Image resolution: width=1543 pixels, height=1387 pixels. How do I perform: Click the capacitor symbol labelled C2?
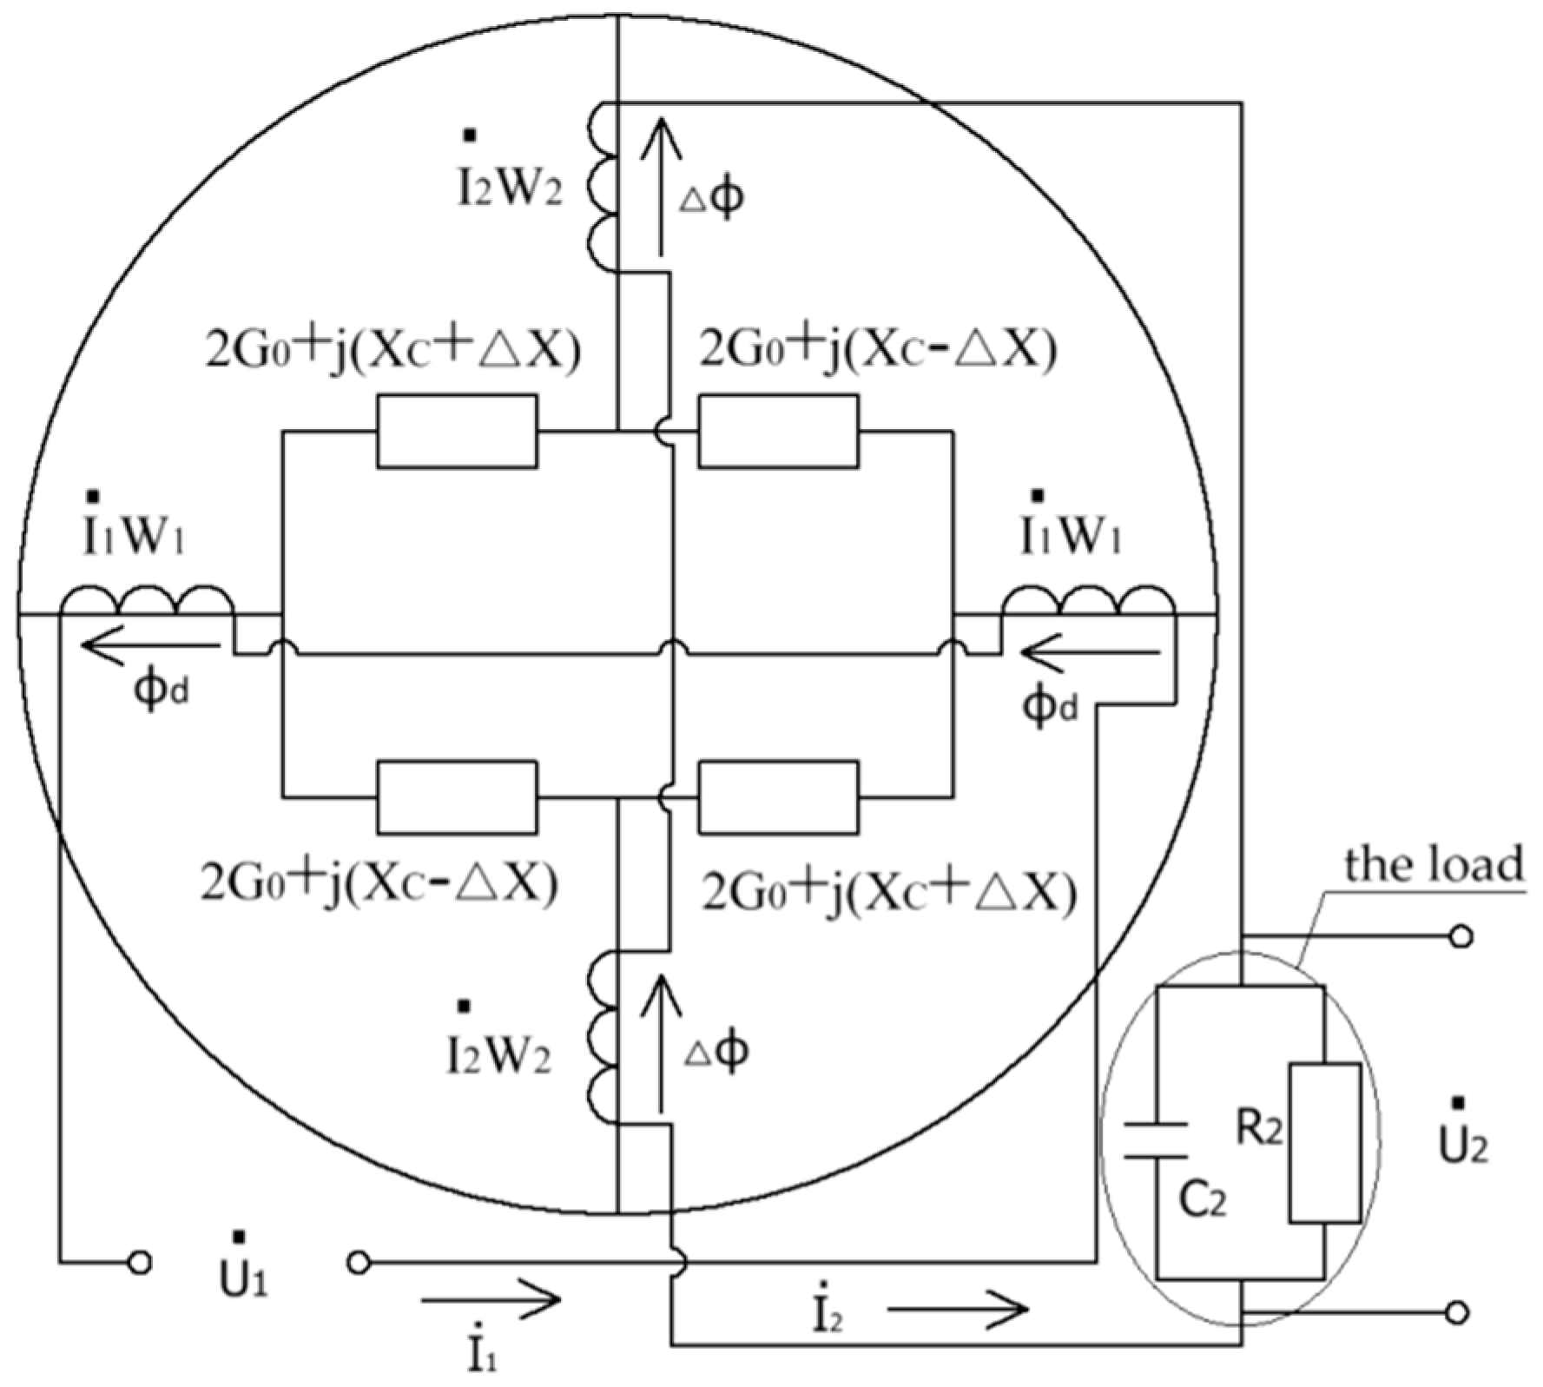1156,1139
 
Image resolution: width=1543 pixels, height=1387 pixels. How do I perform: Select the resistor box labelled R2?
1323,1142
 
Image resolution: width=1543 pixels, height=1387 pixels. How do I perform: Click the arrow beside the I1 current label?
491,1299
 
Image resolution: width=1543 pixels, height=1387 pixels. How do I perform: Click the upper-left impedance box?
457,432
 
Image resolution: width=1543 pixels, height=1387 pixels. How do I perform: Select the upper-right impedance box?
778,432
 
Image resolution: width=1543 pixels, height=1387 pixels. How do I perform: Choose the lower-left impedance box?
457,796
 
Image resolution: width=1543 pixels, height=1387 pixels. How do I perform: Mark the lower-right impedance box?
778,796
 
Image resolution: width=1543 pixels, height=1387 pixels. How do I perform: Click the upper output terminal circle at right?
1461,936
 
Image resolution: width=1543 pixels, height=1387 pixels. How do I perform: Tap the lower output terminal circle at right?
1461,1311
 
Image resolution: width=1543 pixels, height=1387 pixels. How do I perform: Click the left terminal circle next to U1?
140,1262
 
